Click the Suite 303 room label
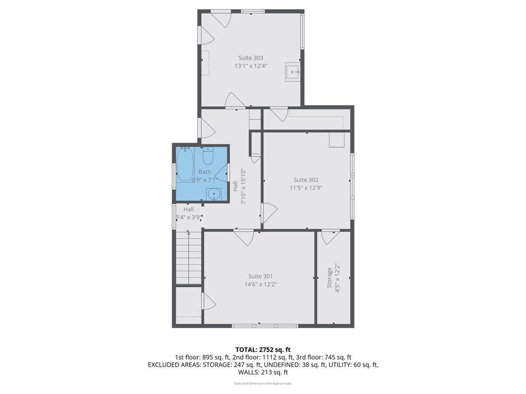click(251, 58)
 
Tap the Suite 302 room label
click(306, 180)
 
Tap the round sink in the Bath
click(214, 194)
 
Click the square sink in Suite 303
click(292, 72)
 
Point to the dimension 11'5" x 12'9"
click(306, 188)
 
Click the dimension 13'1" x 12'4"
click(251, 66)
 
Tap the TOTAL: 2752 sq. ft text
click(263, 350)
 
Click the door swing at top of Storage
click(330, 237)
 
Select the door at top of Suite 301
click(243, 237)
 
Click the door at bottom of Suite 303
click(235, 101)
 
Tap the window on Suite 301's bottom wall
click(265, 326)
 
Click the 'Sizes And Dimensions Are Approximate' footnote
click(263, 383)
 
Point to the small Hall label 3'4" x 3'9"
click(188, 217)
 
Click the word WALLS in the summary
click(249, 372)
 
